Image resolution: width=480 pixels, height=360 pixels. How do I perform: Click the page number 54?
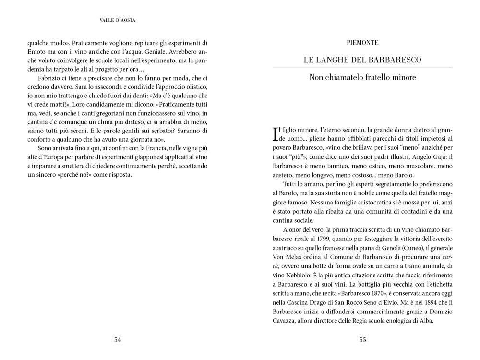(x=117, y=340)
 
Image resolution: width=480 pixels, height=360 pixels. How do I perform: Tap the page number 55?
(x=362, y=340)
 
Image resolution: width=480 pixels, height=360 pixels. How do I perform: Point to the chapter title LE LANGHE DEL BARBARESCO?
(x=362, y=60)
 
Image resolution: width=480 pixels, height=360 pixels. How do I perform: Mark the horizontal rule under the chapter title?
(x=362, y=68)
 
